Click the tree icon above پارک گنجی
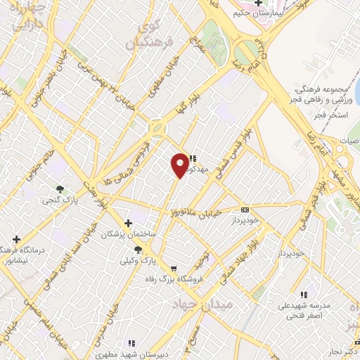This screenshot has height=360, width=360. click(60, 189)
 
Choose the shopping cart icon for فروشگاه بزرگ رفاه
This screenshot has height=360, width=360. click(173, 268)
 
